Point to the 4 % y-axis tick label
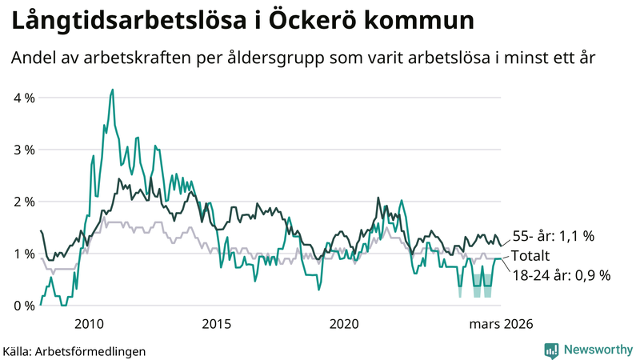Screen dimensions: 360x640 (x=24, y=98)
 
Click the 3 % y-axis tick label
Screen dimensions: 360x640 (x=24, y=150)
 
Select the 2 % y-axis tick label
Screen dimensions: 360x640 (x=24, y=202)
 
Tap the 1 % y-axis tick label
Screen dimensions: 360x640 (x=24, y=254)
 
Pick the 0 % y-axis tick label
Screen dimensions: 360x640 (x=24, y=306)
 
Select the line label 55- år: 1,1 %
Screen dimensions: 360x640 (x=554, y=237)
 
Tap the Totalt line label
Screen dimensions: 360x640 (x=531, y=256)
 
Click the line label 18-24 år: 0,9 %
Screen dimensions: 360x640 (x=561, y=275)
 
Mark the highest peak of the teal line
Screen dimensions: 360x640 (x=112, y=90)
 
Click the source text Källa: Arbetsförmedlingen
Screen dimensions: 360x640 (x=74, y=350)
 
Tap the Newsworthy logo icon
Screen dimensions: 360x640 (x=551, y=350)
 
